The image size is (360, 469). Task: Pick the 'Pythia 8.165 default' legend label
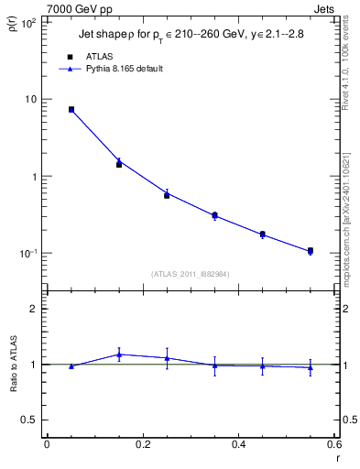[125, 69]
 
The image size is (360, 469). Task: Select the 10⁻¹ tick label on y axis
[27, 253]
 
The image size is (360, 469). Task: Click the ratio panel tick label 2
[35, 309]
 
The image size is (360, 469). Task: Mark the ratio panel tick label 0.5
[31, 420]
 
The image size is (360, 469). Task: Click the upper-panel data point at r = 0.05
[71, 109]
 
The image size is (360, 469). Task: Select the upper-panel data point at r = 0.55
[311, 250]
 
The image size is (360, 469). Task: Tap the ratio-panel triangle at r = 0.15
[119, 354]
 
